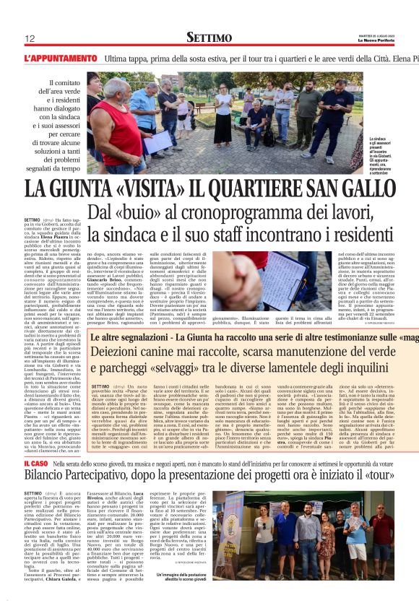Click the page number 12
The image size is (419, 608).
coord(30,38)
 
